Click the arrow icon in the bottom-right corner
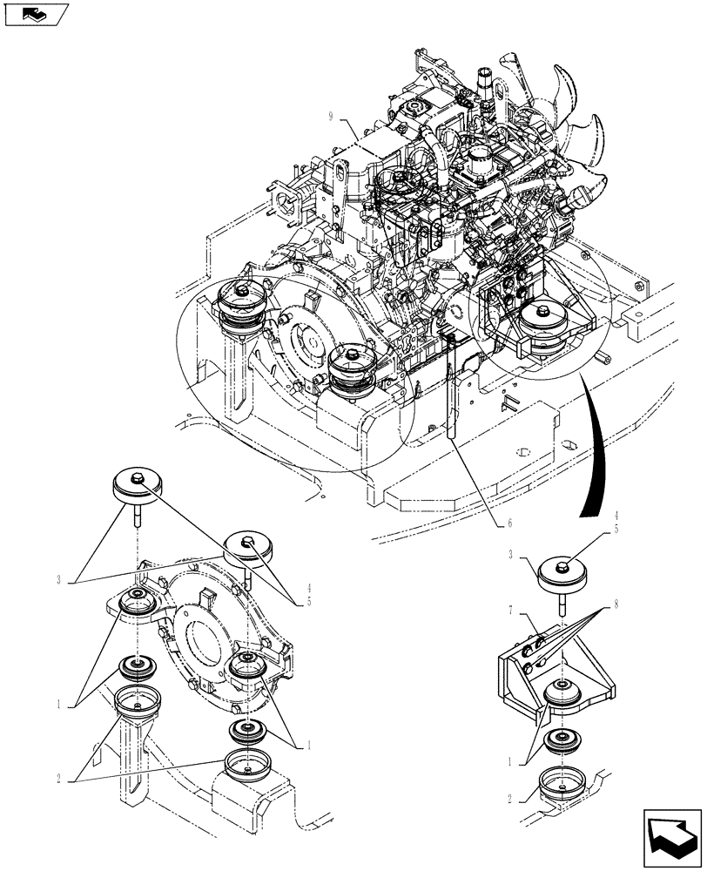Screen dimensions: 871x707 672,837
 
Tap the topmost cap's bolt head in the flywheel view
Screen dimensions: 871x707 137,476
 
